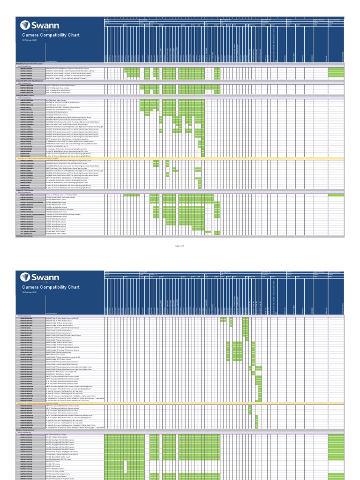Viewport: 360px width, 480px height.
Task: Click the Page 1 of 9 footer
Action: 180,245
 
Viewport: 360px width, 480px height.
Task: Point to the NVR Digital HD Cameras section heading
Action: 26,237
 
